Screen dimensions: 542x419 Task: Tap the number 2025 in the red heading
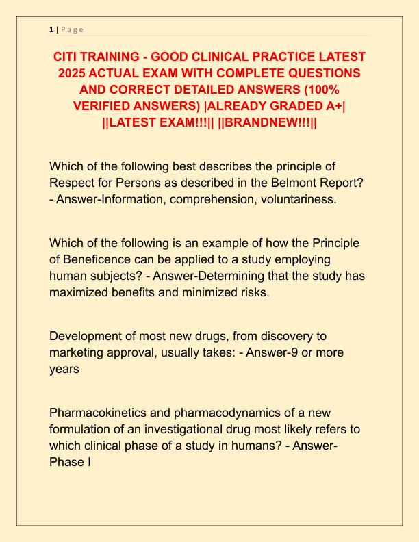coord(69,73)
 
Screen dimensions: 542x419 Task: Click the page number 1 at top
coord(51,29)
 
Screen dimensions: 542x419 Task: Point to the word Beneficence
coord(107,261)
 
